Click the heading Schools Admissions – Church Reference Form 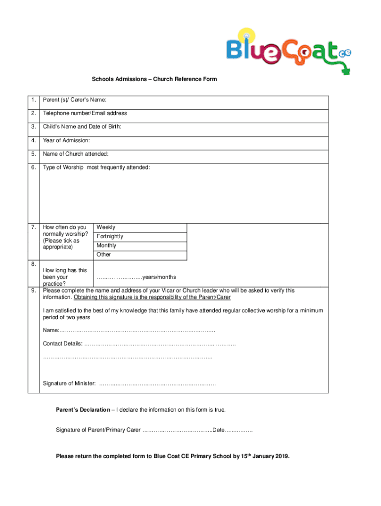pyautogui.click(x=154, y=79)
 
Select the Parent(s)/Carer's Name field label pyautogui.click(x=75, y=100)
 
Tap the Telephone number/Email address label pyautogui.click(x=85, y=113)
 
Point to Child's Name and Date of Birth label pyautogui.click(x=82, y=127)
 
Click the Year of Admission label pyautogui.click(x=66, y=141)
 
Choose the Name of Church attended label pyautogui.click(x=76, y=154)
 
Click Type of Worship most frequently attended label pyautogui.click(x=96, y=168)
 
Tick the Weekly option pyautogui.click(x=106, y=227)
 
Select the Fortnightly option pyautogui.click(x=110, y=236)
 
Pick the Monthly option pyautogui.click(x=106, y=246)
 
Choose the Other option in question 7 pyautogui.click(x=104, y=254)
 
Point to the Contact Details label pyautogui.click(x=62, y=343)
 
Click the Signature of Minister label pyautogui.click(x=69, y=383)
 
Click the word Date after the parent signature pyautogui.click(x=218, y=430)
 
